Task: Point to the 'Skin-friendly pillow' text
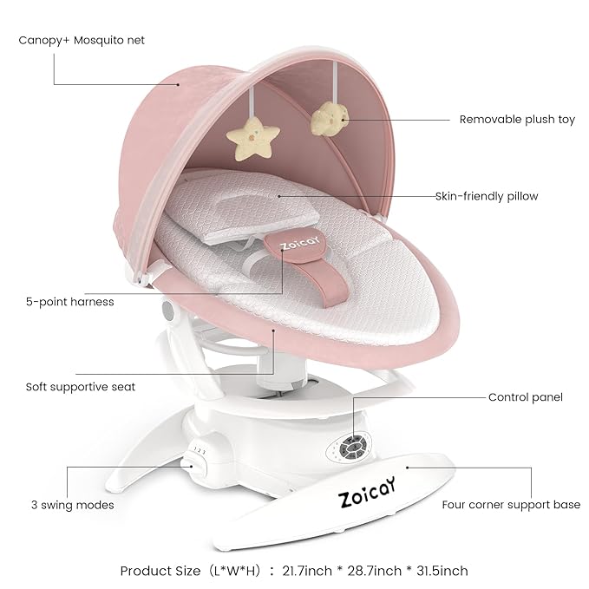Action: point(487,196)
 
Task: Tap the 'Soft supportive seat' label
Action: point(79,386)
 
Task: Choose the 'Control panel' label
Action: point(526,397)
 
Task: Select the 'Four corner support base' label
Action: point(511,504)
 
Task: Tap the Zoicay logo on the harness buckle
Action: point(292,246)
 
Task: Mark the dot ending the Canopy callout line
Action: point(179,84)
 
